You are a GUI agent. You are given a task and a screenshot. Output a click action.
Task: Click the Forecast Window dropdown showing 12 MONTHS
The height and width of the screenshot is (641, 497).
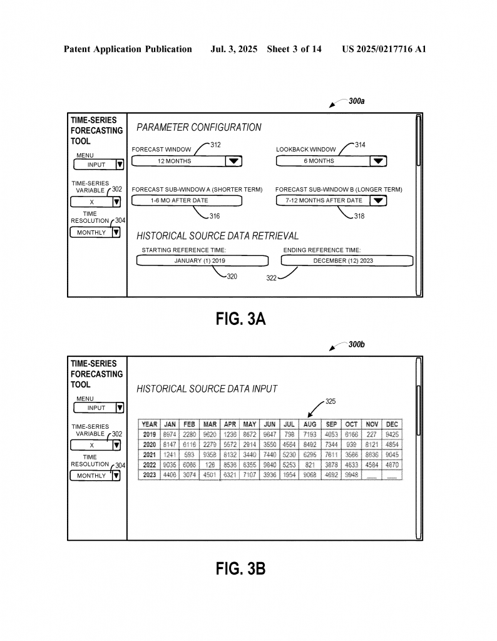[x=187, y=161]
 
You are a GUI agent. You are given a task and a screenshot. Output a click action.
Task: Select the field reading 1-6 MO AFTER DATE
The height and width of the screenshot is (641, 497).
[x=187, y=200]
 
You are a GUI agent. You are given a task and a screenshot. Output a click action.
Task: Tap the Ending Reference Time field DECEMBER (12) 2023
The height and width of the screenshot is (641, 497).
[x=346, y=260]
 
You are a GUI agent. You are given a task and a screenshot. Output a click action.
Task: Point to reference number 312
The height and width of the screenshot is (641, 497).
[x=215, y=145]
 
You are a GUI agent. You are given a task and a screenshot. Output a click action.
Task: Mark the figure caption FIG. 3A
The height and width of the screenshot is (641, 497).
[x=241, y=319]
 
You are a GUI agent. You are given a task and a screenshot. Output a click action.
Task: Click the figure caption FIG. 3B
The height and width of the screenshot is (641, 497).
[x=241, y=569]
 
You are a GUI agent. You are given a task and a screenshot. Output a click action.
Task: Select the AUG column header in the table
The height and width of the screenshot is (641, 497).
[x=310, y=424]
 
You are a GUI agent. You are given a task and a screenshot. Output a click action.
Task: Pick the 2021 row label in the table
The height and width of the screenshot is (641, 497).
[x=150, y=454]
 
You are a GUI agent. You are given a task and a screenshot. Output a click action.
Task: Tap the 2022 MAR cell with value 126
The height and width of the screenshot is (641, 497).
[x=210, y=464]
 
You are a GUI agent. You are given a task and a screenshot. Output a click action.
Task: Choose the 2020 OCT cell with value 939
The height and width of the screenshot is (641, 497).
[x=352, y=444]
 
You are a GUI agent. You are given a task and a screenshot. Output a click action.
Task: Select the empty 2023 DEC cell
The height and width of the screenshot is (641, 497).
[x=392, y=475]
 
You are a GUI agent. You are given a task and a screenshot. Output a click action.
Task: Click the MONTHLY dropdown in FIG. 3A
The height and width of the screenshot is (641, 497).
[x=95, y=232]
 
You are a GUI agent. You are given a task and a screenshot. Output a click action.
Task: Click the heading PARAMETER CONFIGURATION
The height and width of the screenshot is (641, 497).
[x=199, y=128]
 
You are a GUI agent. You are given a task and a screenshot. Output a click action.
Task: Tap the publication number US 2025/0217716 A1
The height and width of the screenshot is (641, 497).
[x=384, y=49]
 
